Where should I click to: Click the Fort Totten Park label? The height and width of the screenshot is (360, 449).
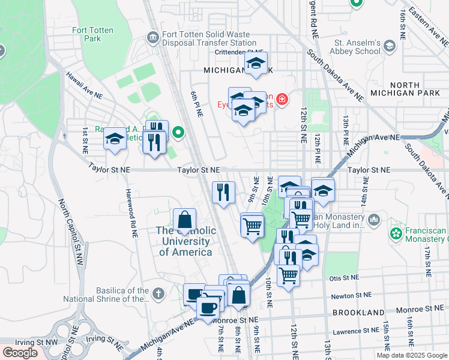click(x=94, y=34)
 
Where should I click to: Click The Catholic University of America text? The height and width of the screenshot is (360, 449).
click(x=184, y=241)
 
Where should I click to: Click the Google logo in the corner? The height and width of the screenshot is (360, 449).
click(x=21, y=353)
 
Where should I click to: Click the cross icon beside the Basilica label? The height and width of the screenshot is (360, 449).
click(x=158, y=294)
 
